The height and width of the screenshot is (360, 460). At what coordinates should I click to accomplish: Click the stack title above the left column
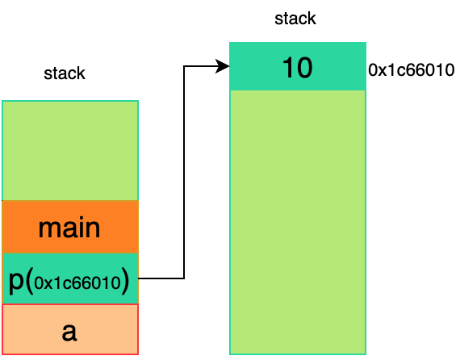point(65,73)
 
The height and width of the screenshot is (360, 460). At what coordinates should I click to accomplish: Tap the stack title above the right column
point(295,19)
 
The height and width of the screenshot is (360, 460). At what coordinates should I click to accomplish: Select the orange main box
point(70,227)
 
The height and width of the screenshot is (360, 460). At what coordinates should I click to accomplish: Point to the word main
point(69,228)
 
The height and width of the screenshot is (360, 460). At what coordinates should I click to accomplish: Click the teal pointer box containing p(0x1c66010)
point(70,278)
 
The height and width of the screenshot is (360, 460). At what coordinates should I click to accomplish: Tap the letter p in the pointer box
point(16,283)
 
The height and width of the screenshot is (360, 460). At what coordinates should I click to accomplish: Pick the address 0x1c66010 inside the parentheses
point(77,283)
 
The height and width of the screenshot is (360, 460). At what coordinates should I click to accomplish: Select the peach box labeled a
point(70,329)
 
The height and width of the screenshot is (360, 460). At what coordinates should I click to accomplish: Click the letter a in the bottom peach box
point(69,332)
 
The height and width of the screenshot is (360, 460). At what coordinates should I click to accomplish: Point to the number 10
point(298,68)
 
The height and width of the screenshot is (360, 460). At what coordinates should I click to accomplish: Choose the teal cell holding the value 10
point(298,66)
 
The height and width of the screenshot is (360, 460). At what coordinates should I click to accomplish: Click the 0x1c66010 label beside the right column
point(412,70)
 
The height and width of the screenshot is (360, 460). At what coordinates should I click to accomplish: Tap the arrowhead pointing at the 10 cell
point(222,66)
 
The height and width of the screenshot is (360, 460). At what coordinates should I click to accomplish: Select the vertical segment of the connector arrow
point(184,172)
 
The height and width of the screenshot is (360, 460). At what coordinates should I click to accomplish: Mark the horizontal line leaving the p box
point(161,278)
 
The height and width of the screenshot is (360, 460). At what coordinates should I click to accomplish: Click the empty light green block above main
point(70,151)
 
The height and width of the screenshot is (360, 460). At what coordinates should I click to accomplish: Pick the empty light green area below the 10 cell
point(298,223)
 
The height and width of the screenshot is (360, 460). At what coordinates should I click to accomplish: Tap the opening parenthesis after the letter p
point(29,282)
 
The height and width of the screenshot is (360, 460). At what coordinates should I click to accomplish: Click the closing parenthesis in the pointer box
point(125,282)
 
